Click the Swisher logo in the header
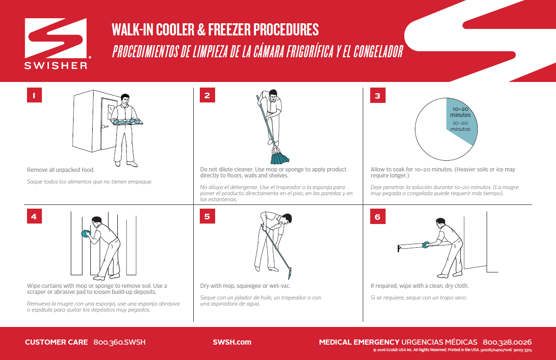point(56,44)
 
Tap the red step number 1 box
point(34,95)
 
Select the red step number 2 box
point(207,95)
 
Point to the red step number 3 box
point(378,95)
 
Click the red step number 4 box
point(34,216)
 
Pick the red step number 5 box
point(207,216)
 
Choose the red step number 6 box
point(378,217)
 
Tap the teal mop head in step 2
point(280,157)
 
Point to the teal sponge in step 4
point(86,233)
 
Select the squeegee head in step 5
point(289,273)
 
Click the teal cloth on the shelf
point(426,244)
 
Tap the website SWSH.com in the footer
point(232,342)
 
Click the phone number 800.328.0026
point(507,342)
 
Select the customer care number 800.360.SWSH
point(120,342)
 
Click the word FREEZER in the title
point(229,30)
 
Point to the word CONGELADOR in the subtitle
point(378,52)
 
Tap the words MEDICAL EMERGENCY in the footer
point(359,342)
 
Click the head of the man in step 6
point(441,223)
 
